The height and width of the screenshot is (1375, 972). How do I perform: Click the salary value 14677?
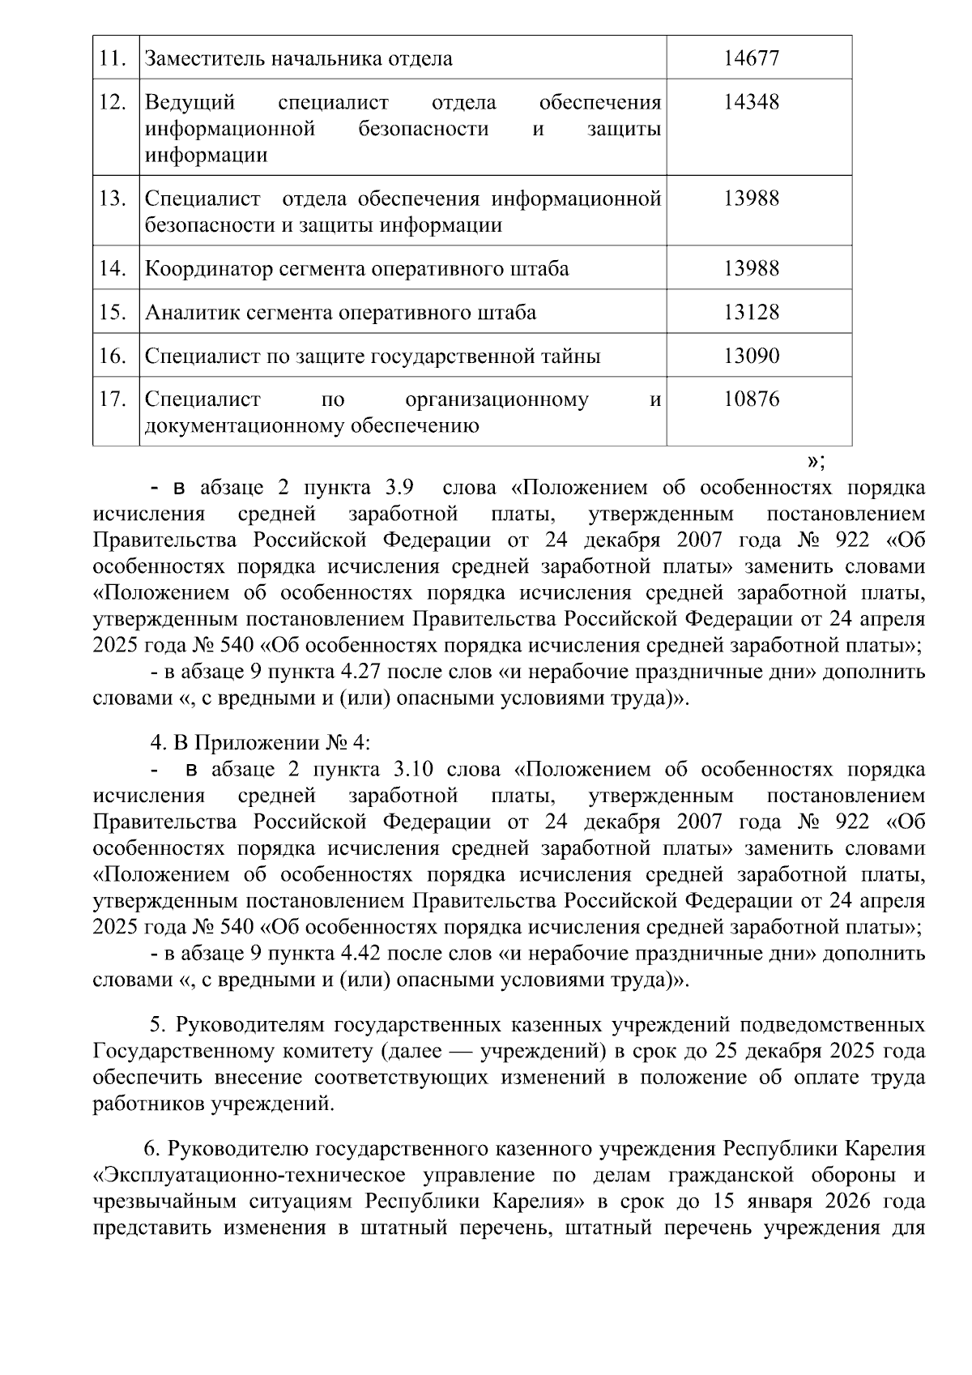751,58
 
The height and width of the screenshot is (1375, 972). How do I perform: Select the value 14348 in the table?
751,102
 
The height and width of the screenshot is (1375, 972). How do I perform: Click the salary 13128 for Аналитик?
751,312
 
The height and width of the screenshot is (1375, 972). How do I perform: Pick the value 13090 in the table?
751,356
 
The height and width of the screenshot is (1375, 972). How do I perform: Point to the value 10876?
751,399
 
